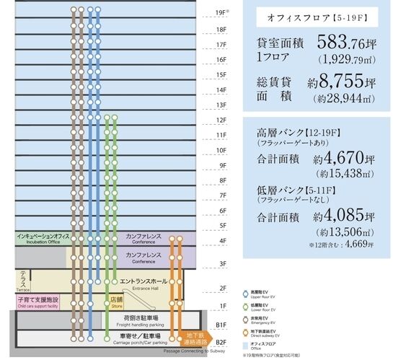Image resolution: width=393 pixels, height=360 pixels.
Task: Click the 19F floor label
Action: pos(221,13)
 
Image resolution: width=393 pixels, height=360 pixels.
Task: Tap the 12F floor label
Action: pos(221,120)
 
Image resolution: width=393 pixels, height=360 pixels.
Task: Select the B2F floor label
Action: pos(221,341)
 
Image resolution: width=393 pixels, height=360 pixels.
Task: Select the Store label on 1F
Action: pos(115,301)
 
